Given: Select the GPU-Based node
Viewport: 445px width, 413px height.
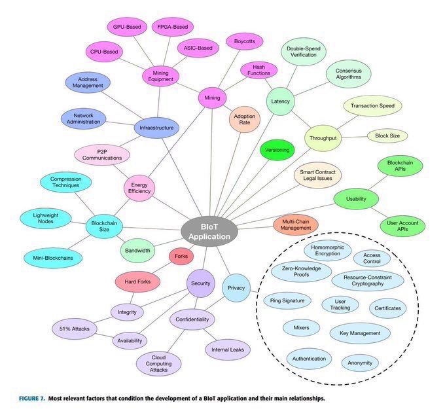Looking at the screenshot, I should click(127, 27).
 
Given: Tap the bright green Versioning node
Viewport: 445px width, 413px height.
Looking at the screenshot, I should click(277, 150).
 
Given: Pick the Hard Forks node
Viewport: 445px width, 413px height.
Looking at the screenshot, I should click(138, 283).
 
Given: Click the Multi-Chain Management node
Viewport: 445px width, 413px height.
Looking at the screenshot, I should click(295, 225).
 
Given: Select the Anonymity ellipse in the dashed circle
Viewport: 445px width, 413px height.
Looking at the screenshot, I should click(361, 363).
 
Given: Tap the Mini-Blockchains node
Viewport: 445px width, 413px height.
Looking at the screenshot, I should click(53, 258).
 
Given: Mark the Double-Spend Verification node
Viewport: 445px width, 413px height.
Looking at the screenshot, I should click(303, 51).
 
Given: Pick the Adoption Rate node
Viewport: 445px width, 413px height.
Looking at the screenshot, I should click(244, 120).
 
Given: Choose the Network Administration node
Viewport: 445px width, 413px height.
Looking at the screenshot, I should click(83, 118).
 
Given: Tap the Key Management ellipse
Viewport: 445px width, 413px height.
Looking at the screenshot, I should click(360, 333).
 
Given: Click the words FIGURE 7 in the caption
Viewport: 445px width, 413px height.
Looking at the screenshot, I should click(33, 399).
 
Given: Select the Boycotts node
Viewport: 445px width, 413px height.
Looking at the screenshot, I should click(245, 41).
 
